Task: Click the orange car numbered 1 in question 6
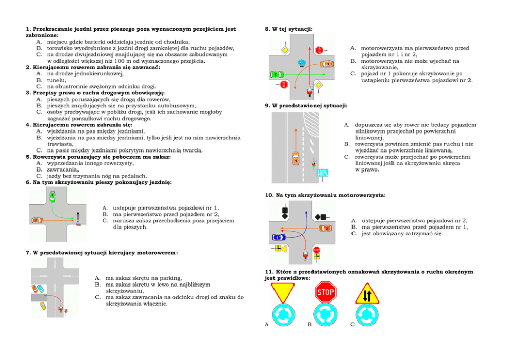pyautogui.click(x=36, y=220)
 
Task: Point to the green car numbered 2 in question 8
pyautogui.click(x=276, y=75)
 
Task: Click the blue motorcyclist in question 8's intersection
pyautogui.click(x=302, y=63)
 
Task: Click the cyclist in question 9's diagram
pyautogui.click(x=312, y=164)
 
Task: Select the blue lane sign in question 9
pyautogui.click(x=323, y=174)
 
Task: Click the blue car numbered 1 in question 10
pyautogui.click(x=277, y=237)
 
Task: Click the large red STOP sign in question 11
pyautogui.click(x=325, y=293)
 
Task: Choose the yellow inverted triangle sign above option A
pyautogui.click(x=282, y=292)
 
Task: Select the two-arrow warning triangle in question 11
pyautogui.click(x=367, y=295)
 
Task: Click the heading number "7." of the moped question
pyautogui.click(x=28, y=253)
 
